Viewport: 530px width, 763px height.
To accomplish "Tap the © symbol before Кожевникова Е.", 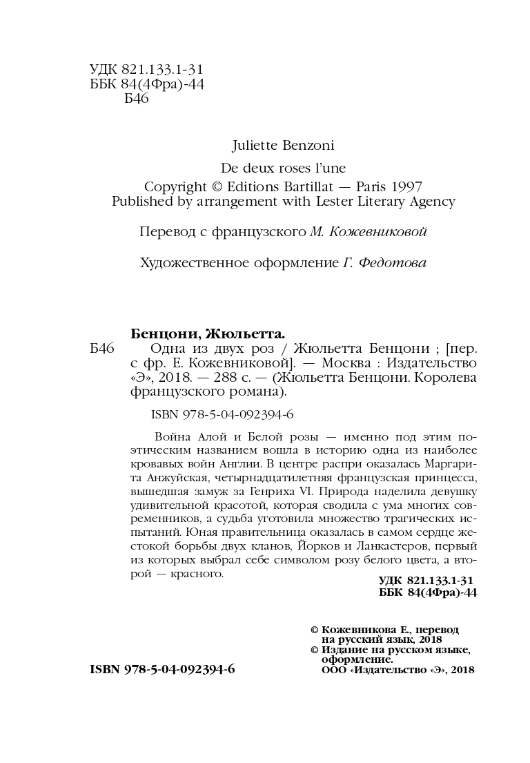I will [x=314, y=630].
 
